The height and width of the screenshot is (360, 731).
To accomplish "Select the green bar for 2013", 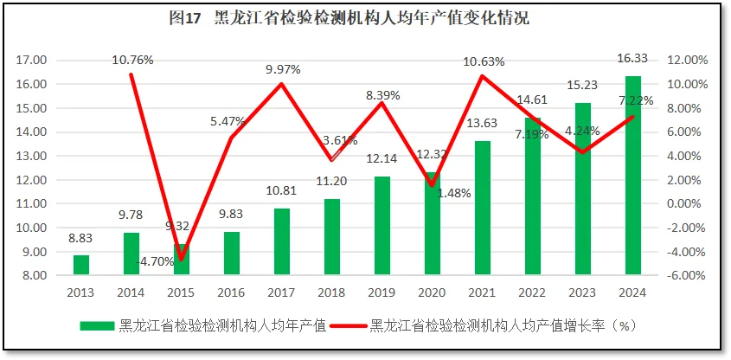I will [81, 265].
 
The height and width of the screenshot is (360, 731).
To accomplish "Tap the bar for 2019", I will [382, 226].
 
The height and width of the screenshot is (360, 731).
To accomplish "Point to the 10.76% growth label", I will [132, 60].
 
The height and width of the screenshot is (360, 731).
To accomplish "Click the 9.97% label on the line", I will [283, 69].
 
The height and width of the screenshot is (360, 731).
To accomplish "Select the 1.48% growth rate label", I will [454, 194].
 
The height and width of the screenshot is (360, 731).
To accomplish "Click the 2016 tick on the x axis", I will [232, 292].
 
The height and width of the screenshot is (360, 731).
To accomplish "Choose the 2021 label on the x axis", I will [483, 292].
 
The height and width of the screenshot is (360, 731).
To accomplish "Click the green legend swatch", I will [97, 326].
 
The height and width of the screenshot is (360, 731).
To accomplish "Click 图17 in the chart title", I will [184, 18].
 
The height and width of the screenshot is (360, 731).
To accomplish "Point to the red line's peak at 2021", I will [483, 76].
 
